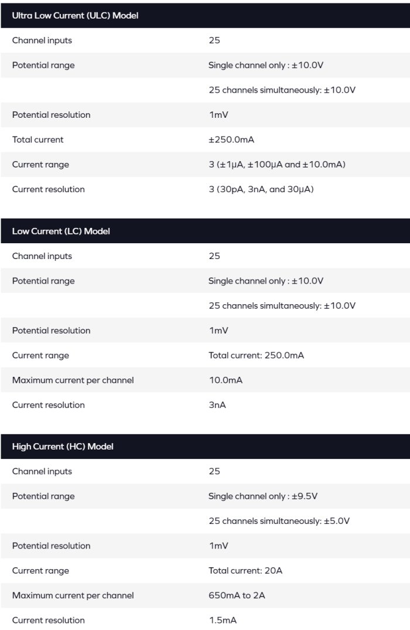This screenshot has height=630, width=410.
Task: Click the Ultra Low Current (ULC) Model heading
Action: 75,15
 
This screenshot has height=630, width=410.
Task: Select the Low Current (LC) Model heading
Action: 61,231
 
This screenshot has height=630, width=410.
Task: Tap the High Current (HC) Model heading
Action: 63,446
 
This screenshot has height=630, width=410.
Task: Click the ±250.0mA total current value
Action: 231,139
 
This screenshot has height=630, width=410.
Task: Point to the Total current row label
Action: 38,139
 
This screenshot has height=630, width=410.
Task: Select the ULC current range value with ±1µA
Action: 276,165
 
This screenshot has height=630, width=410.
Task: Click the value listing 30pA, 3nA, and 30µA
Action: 261,189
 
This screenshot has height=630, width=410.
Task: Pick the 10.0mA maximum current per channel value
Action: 225,380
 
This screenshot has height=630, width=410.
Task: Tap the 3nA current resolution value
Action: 217,405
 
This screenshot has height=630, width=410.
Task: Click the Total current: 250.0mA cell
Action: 256,355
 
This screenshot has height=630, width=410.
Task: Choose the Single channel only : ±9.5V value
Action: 263,496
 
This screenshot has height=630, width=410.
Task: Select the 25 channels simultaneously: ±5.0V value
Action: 279,521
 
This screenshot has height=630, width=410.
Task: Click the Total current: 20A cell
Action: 245,571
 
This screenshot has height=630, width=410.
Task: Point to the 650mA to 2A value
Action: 237,595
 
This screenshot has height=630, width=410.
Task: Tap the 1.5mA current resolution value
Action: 223,620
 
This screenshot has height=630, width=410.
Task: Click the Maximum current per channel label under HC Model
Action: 73,595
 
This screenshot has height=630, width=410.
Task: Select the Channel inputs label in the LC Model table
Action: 42,256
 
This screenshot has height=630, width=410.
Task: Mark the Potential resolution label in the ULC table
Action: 51,115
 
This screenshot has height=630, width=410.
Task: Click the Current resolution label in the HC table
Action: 48,620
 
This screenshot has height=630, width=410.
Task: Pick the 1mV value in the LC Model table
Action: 218,331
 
